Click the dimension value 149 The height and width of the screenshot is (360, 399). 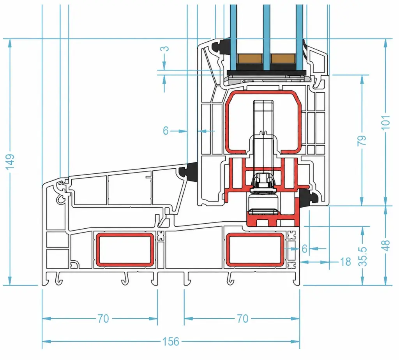pos(10,162)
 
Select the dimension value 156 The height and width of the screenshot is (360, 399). pos(171,341)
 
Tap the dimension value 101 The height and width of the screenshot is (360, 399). pos(386,122)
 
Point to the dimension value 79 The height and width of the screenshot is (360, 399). pos(362,140)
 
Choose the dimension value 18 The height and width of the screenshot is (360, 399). pos(345,261)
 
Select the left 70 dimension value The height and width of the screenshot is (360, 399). pos(103,319)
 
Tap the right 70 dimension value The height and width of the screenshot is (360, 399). pos(242,319)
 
